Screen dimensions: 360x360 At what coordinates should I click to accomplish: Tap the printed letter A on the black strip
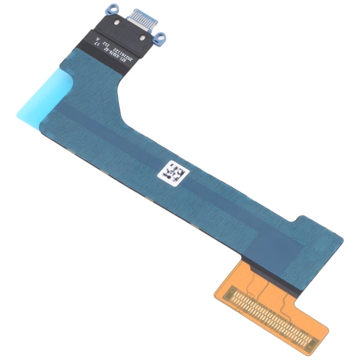coord(99,40)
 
